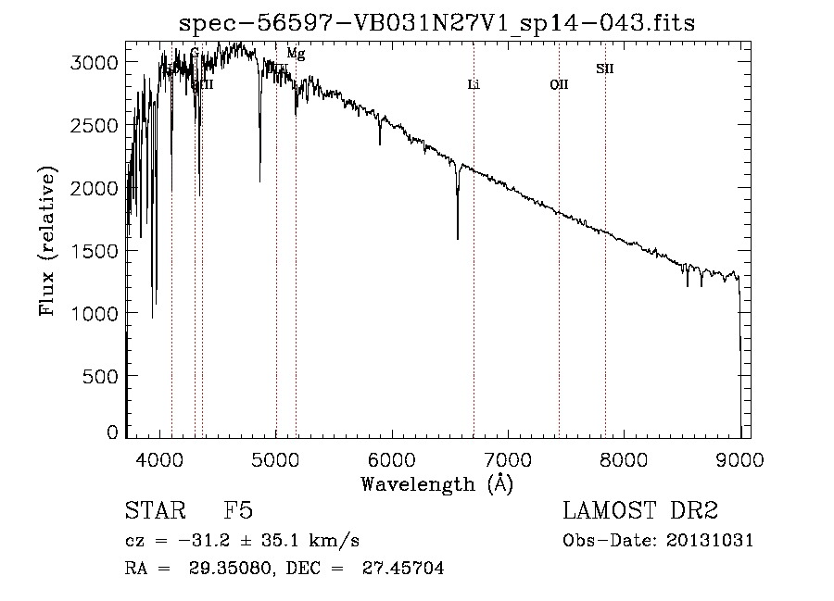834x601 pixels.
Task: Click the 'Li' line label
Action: [x=474, y=85]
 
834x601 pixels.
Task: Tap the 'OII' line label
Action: [x=559, y=85]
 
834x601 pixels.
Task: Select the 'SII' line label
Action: [x=604, y=69]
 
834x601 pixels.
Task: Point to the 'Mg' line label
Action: [x=296, y=54]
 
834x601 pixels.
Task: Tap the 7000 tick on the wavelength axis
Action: [x=508, y=457]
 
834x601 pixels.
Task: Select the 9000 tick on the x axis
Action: [x=739, y=457]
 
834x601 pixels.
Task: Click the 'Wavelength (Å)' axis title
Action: [x=436, y=483]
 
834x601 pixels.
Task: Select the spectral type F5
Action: [x=238, y=512]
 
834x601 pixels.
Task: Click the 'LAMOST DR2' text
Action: [x=640, y=512]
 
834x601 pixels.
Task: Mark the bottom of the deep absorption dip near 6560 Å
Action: [x=458, y=238]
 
